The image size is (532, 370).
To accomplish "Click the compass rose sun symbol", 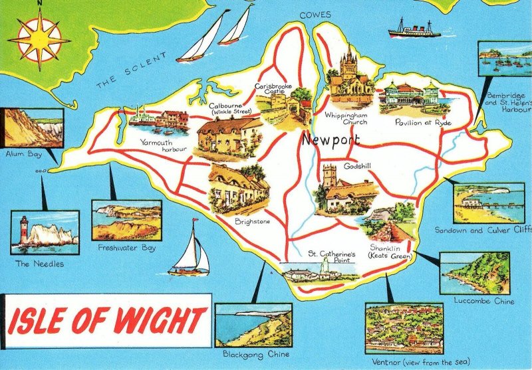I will coord(39,39).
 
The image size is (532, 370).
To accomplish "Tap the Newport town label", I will coord(330,141).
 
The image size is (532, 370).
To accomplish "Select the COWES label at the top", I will coord(315,15).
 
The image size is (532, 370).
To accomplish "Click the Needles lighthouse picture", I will coord(45,232).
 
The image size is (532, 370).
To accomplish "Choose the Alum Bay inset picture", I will coord(33,128).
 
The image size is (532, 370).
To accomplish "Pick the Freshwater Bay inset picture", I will coord(126,220).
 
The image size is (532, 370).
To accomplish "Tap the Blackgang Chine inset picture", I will coord(253,325).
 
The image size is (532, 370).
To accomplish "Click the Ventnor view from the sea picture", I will coord(404,327).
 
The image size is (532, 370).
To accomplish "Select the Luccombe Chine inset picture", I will coord(474,272).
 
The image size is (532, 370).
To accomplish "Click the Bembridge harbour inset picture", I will coord(504,59).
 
